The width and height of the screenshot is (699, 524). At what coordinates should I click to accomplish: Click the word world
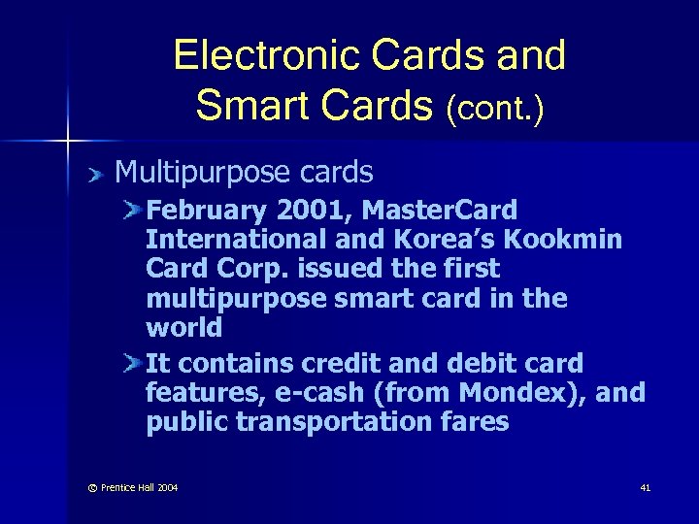click(183, 327)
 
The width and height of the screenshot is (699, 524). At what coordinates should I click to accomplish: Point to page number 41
click(645, 487)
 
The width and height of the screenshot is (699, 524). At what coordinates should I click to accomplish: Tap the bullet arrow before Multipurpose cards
click(95, 175)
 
